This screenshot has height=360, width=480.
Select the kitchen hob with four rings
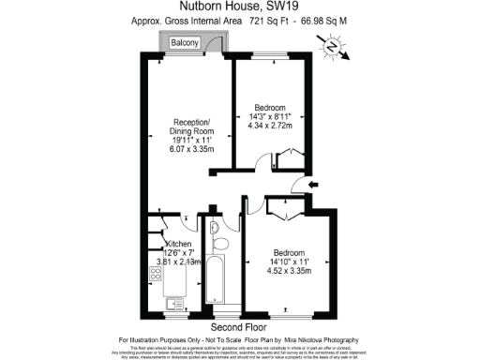(x=155, y=276)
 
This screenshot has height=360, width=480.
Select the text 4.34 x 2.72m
(x=271, y=126)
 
